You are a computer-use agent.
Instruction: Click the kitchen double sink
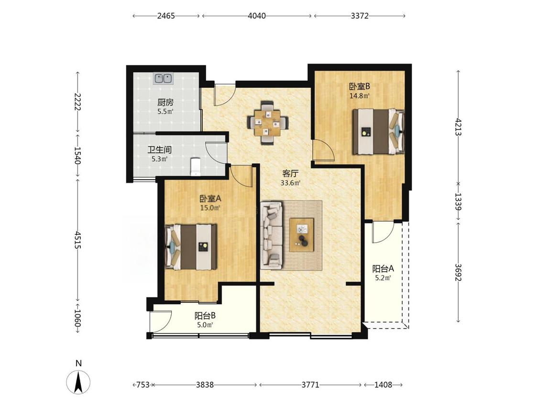[163, 79]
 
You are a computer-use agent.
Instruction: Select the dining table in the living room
[268, 123]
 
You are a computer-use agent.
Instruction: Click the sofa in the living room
[272, 235]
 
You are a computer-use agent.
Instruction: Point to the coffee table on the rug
[302, 235]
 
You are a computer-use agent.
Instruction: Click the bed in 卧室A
[191, 247]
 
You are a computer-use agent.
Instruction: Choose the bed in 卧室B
[379, 131]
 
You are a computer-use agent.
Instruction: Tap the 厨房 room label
[165, 102]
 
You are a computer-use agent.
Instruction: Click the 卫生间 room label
[160, 150]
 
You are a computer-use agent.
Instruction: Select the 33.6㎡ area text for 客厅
[291, 183]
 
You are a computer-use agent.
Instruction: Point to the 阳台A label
[383, 269]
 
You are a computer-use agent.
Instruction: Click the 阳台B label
[205, 316]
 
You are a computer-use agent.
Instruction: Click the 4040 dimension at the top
[257, 16]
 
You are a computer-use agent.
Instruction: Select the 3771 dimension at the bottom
[310, 385]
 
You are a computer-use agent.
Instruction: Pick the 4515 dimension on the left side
[78, 240]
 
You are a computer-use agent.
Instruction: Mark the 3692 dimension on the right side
[458, 272]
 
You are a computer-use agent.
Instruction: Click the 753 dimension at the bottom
[143, 385]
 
